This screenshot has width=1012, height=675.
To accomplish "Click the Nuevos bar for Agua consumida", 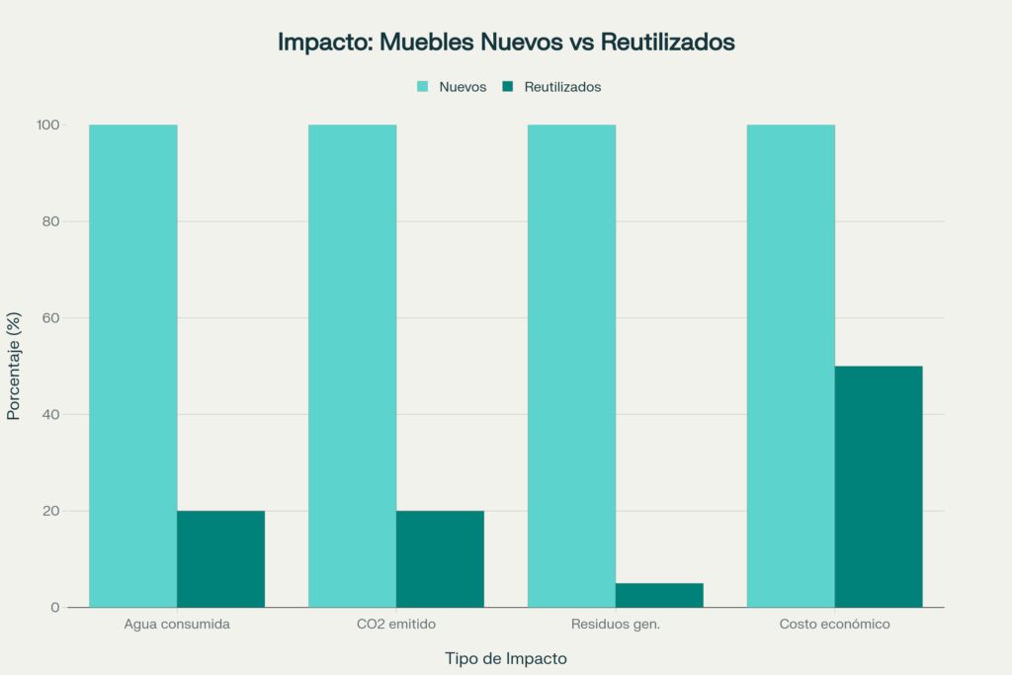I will (132, 366).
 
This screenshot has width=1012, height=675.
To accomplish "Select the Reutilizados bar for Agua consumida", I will (220, 558).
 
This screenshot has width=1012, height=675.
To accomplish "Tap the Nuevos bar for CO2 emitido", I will (352, 366).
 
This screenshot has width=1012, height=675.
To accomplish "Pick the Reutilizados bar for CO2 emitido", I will (440, 558).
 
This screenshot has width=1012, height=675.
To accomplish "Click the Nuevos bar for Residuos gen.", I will (571, 366).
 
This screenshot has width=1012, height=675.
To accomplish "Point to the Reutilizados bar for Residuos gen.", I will (659, 595).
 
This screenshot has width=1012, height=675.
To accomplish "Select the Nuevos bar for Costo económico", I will (791, 366).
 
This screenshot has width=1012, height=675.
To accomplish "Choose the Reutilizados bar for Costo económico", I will (879, 486).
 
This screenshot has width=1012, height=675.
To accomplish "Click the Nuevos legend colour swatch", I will (423, 87).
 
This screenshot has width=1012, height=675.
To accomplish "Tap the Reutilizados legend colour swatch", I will (508, 87).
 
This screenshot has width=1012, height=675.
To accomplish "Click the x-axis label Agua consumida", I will (177, 625).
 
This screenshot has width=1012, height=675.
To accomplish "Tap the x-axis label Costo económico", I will (834, 625).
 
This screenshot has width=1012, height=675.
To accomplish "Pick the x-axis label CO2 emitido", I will (395, 625).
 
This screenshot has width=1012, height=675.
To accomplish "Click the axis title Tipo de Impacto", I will (506, 658).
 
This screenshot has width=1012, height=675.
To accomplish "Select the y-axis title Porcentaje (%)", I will (14, 366).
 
